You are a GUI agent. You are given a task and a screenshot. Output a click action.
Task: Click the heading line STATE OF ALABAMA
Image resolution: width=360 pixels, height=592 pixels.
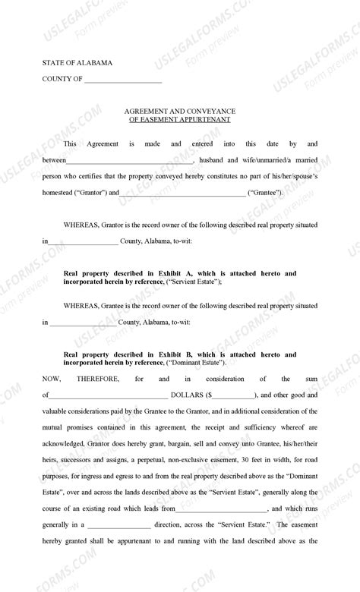pos(77,64)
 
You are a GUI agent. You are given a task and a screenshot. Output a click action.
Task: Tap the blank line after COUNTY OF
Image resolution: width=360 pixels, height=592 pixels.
pos(123,80)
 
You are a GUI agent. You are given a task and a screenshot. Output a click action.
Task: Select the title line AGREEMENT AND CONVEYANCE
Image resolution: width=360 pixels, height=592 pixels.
pos(180,111)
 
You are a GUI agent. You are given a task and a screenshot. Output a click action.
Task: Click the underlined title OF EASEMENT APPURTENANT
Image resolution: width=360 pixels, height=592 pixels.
pos(180,120)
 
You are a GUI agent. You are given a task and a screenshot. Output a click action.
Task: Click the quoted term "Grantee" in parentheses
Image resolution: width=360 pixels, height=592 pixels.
pos(265,193)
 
